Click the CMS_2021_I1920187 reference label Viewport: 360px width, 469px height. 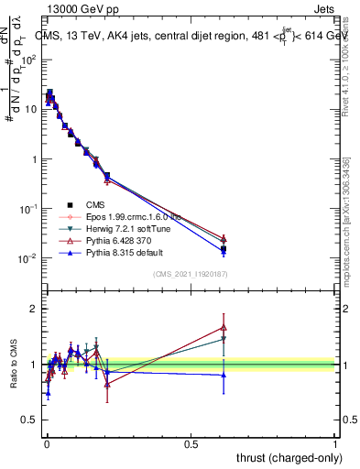pyautogui.click(x=191, y=274)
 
